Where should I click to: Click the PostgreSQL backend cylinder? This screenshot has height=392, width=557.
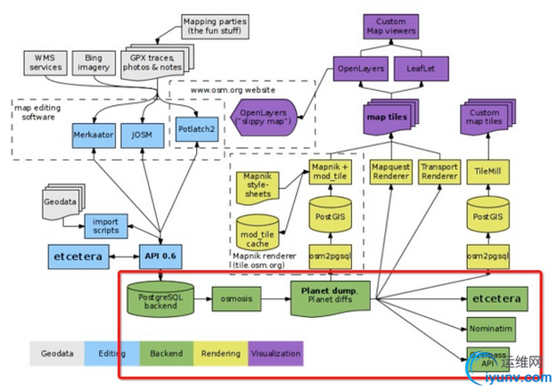point(160,299)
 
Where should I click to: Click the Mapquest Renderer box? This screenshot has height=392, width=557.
point(389,174)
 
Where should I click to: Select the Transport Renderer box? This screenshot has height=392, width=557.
point(439,174)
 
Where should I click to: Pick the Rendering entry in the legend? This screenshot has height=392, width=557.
point(220,354)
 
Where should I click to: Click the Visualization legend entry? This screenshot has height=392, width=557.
point(275,354)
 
